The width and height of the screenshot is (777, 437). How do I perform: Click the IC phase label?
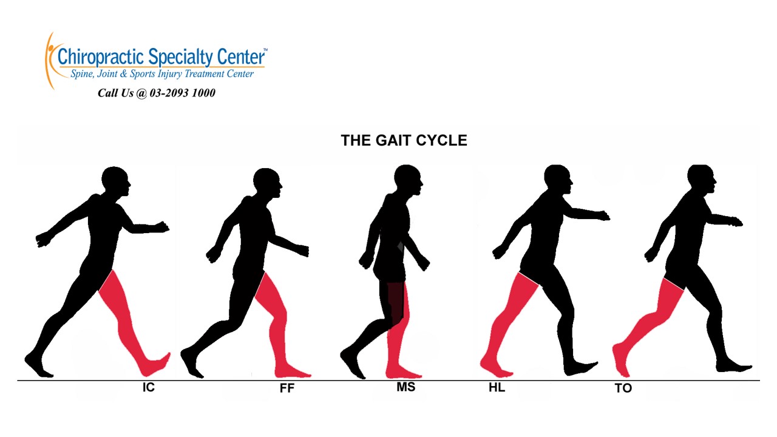point(149,387)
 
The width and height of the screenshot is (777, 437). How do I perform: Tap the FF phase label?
point(287,388)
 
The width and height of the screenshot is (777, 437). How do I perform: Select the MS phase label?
point(405,387)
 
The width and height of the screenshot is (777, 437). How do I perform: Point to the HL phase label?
point(497,387)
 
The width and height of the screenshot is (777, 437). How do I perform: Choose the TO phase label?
point(623,388)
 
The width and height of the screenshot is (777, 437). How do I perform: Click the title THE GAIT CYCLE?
point(404,141)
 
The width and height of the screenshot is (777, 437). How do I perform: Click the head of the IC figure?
point(115,180)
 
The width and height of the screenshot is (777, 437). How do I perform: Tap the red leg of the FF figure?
point(272,316)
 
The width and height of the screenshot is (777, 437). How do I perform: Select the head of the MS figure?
point(407,179)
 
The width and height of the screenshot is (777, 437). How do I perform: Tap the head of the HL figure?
point(557,178)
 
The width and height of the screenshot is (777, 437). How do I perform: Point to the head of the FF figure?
point(266,182)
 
